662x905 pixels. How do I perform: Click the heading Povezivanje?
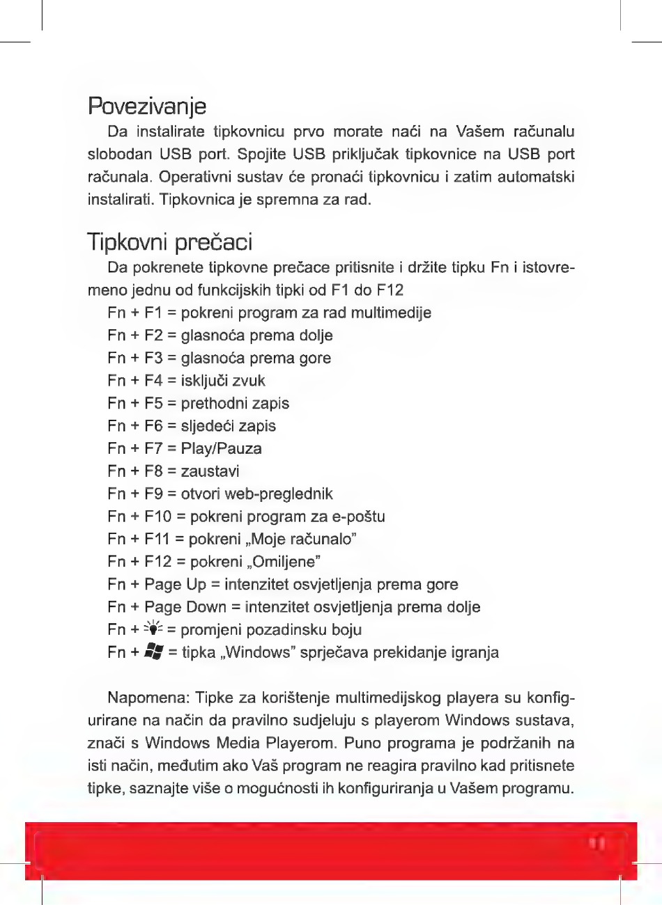click(x=147, y=107)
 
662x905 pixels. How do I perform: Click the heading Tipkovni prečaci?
click(x=170, y=242)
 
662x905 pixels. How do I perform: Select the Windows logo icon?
click(x=153, y=652)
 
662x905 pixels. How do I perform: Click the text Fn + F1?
click(x=135, y=313)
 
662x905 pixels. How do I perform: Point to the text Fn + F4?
click(x=135, y=381)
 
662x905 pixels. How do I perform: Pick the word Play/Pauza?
click(x=221, y=448)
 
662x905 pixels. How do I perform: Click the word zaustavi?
click(x=210, y=471)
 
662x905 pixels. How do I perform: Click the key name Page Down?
click(x=185, y=607)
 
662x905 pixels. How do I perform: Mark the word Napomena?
click(x=148, y=698)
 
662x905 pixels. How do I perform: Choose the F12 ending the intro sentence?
click(x=390, y=290)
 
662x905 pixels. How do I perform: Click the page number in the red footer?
click(x=597, y=844)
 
